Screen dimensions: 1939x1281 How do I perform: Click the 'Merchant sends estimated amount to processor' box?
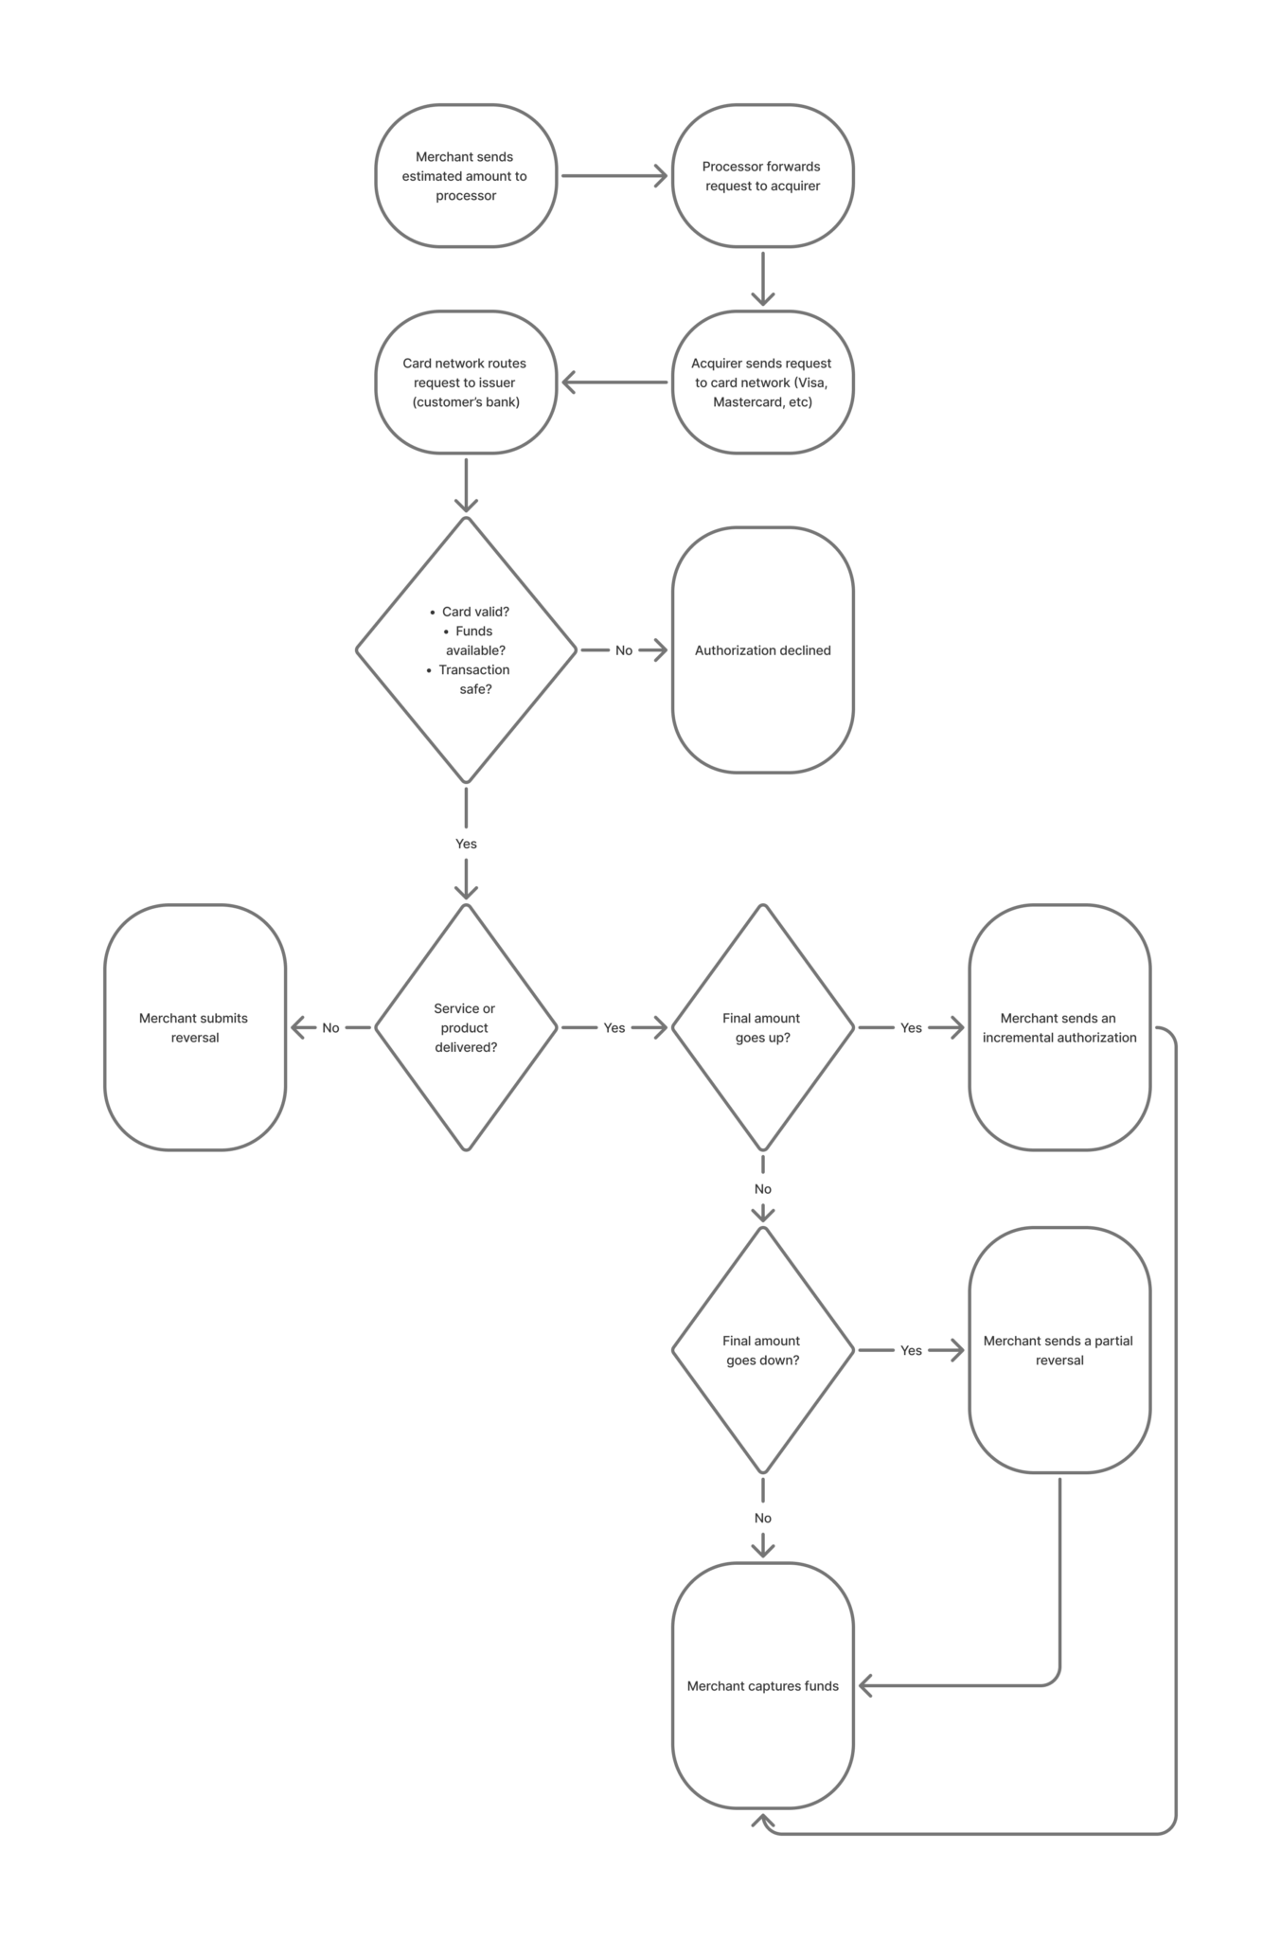(465, 176)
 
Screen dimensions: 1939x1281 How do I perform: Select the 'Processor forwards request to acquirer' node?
(762, 176)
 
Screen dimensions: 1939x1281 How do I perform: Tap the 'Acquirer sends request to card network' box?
(762, 382)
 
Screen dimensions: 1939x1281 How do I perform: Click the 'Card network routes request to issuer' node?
(465, 382)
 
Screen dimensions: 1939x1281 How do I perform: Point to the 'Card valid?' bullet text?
(474, 612)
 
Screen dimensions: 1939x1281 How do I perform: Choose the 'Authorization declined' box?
(762, 650)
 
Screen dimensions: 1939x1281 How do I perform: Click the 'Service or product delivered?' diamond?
(465, 1027)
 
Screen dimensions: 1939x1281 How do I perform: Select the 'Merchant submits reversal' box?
(195, 1027)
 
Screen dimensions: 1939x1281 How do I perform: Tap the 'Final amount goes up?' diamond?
(762, 1027)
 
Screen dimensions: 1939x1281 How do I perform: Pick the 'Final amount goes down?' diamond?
(762, 1350)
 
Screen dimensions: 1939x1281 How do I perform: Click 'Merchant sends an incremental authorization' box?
(1059, 1027)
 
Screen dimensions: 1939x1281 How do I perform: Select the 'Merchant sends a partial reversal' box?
(1059, 1350)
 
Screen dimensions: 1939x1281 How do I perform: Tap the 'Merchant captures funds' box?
(762, 1685)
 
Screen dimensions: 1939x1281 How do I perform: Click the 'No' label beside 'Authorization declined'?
(624, 650)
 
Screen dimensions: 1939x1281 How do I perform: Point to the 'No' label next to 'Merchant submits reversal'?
(330, 1027)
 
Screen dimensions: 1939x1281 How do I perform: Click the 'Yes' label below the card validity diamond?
(466, 844)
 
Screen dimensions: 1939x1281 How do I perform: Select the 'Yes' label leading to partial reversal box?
(911, 1350)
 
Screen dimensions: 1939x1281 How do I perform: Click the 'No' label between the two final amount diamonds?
(763, 1189)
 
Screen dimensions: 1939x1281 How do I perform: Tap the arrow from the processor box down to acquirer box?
(763, 278)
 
